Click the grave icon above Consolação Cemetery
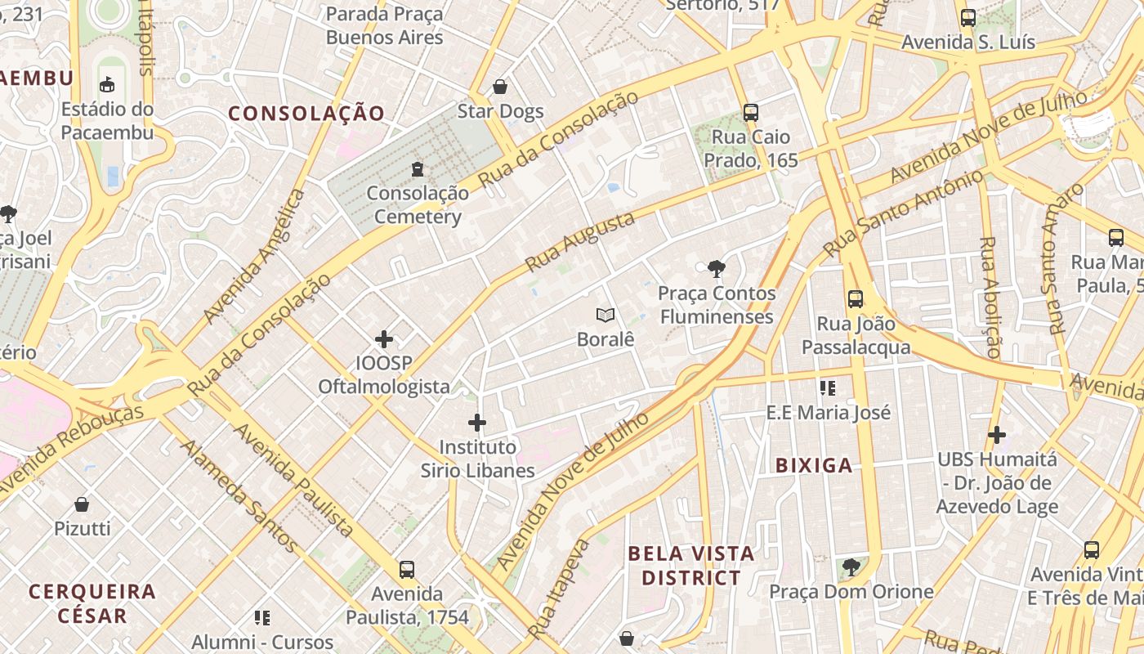(418, 169)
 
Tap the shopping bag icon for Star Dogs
(500, 87)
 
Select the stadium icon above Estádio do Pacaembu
(107, 84)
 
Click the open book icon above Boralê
(606, 315)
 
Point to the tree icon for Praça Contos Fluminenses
(717, 268)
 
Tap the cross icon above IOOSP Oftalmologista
(384, 338)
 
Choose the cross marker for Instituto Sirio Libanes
(477, 423)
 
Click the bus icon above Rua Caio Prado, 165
(751, 113)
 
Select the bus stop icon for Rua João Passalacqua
(856, 299)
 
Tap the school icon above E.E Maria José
(828, 387)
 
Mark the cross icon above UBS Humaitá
(997, 435)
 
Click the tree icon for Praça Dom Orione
(851, 567)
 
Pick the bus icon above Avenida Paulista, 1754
(407, 569)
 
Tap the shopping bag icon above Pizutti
(82, 504)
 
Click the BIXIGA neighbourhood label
(814, 466)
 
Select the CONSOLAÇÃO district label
(306, 114)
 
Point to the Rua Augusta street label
(579, 242)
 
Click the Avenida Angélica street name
(254, 257)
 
